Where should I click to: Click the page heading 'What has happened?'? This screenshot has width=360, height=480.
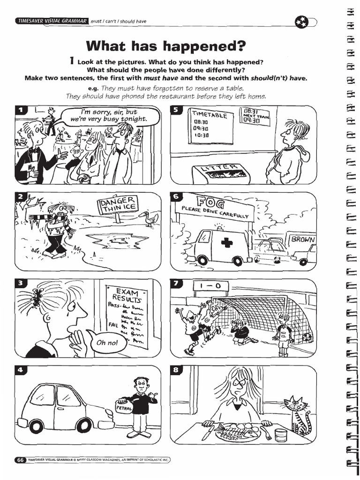pos(165,46)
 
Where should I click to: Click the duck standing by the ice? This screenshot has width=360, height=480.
pos(150,217)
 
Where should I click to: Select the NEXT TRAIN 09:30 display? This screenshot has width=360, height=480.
pos(255,116)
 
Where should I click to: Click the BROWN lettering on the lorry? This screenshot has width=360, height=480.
pos(303,239)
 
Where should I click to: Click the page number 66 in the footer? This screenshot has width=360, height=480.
pos(20,460)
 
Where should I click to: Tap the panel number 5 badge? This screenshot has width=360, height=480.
pos(176,111)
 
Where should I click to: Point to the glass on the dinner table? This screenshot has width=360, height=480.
pos(281,435)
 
